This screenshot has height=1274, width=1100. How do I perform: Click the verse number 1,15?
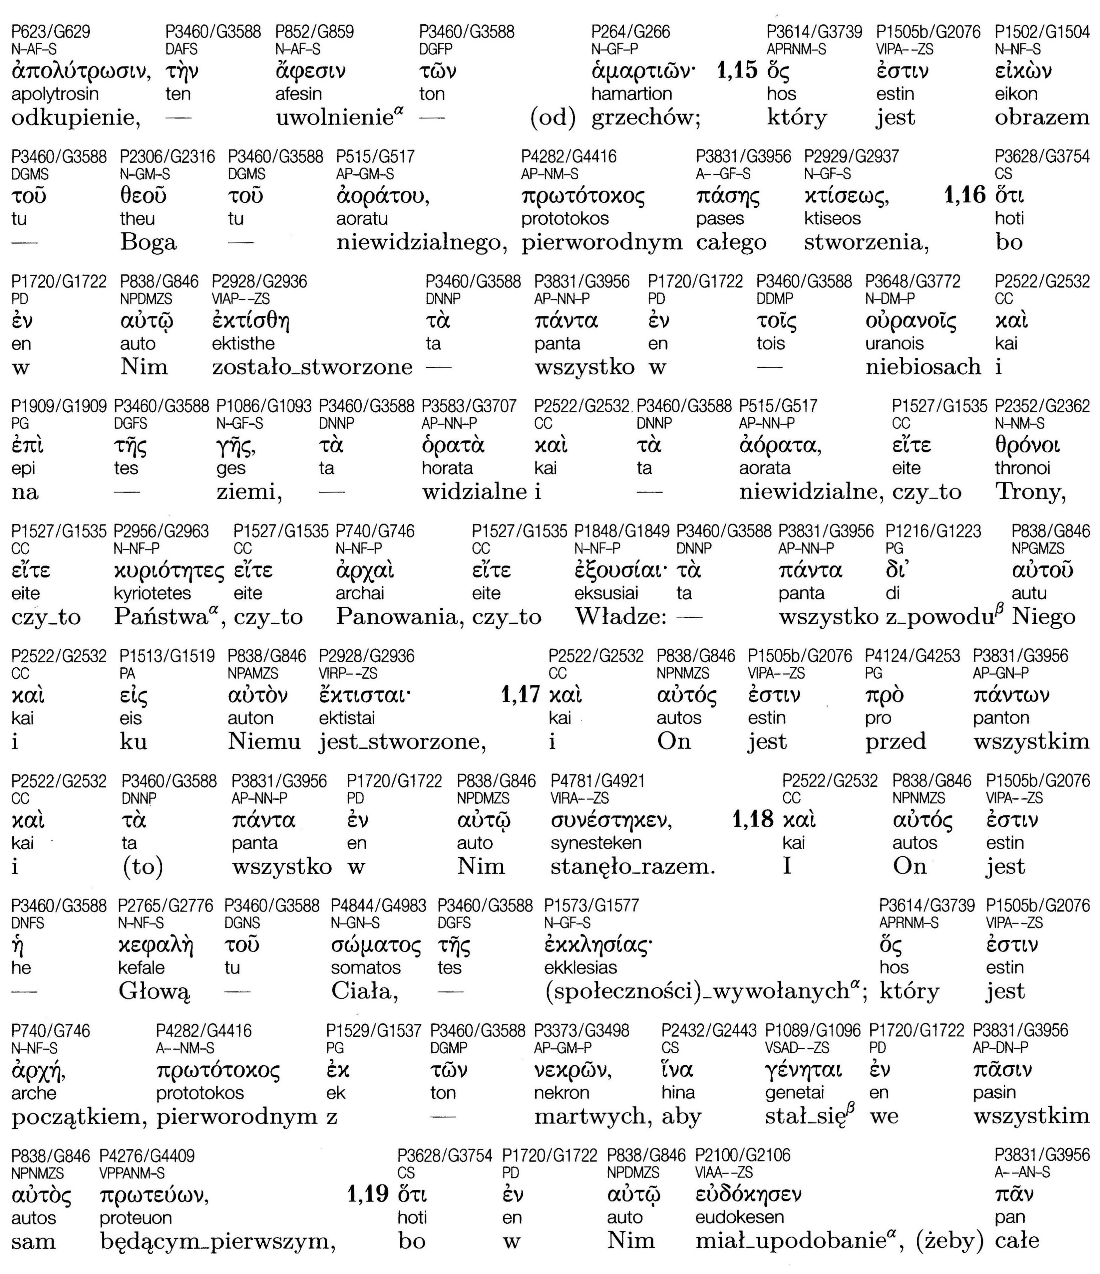click(736, 71)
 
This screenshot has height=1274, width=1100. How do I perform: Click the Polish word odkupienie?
click(75, 117)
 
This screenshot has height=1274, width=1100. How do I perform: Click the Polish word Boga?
click(148, 242)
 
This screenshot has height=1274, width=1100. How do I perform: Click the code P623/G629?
click(50, 31)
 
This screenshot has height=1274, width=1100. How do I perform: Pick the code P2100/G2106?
click(743, 1156)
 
